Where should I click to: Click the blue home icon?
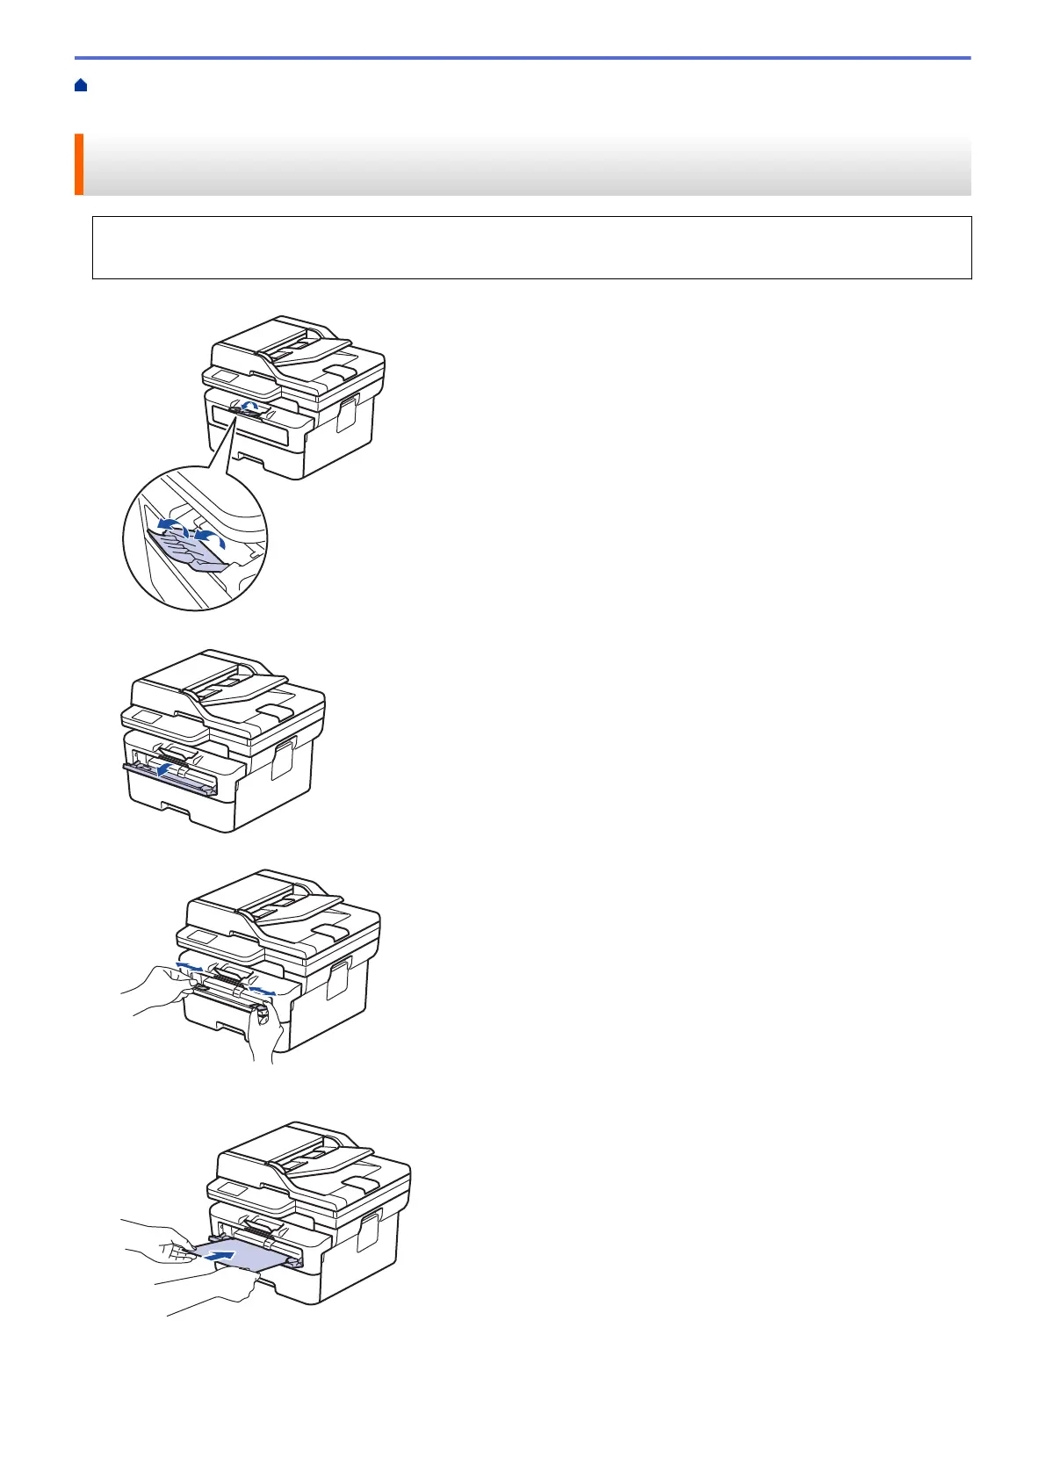coord(81,85)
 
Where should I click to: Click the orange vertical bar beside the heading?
coord(78,164)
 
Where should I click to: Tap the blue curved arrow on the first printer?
coord(251,405)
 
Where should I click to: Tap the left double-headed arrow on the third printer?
coord(188,966)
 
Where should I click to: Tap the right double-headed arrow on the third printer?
coord(261,991)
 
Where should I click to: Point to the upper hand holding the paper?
coord(167,1239)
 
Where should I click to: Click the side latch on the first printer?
coord(347,414)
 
